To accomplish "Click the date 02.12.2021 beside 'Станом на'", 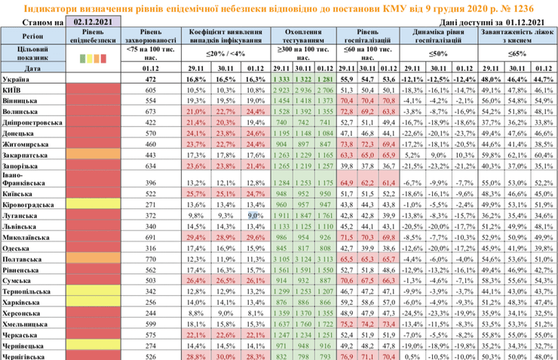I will [90, 23].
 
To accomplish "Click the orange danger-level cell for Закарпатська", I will [90, 154].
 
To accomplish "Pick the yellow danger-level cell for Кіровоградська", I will [90, 204].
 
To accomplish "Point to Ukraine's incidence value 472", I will [149, 78].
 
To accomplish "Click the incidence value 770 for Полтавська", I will [149, 257].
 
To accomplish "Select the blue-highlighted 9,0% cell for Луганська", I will [254, 214].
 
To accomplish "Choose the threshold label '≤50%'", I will [437, 55].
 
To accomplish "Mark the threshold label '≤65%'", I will [517, 55].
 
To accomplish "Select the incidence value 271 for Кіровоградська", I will [149, 204].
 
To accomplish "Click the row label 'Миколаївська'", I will [30, 236].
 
